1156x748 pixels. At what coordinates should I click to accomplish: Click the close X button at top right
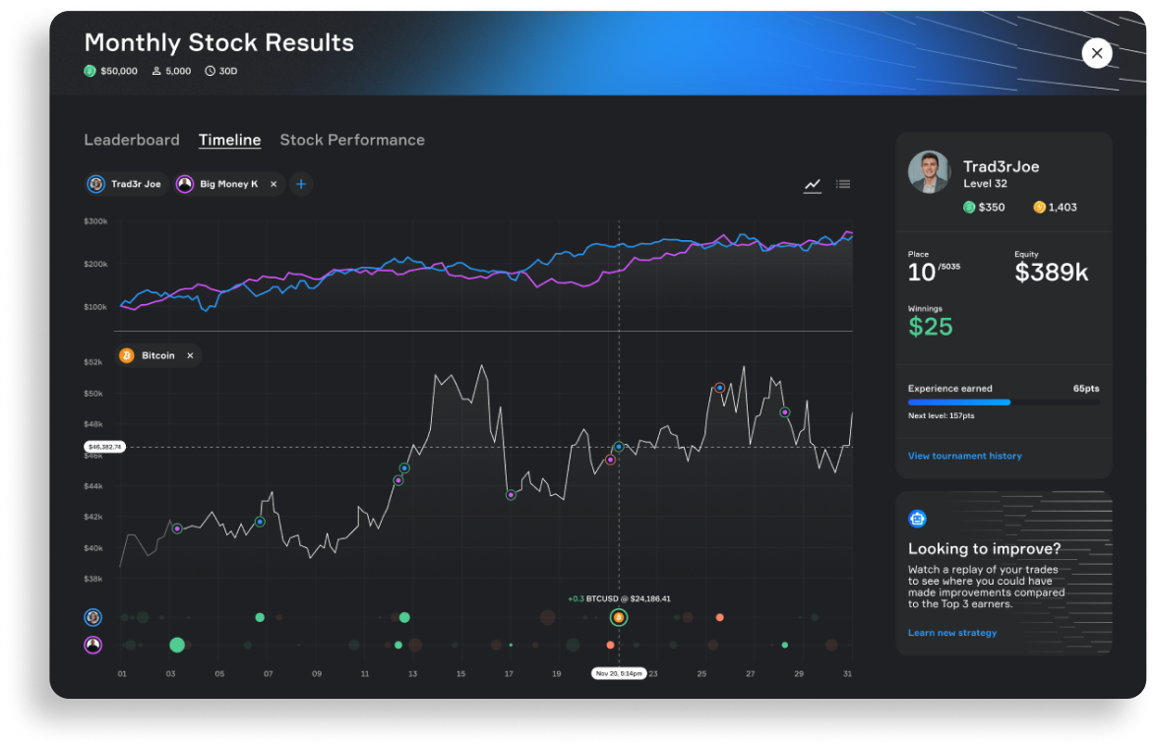click(x=1097, y=53)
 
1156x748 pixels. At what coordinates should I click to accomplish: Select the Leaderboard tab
click(x=132, y=140)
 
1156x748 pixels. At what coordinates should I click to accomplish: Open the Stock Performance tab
click(x=352, y=140)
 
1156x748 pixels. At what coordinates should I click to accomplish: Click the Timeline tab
click(x=229, y=140)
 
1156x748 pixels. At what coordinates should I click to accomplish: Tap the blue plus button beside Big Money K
click(x=301, y=184)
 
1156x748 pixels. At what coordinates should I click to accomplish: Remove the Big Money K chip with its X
click(x=274, y=184)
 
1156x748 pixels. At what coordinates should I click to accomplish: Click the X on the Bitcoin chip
click(x=190, y=355)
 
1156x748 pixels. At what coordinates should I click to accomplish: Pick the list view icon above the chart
click(x=843, y=184)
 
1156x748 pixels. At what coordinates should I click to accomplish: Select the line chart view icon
click(x=813, y=184)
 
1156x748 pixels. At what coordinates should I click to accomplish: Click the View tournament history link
click(x=964, y=456)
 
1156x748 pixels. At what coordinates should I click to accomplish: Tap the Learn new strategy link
click(x=951, y=633)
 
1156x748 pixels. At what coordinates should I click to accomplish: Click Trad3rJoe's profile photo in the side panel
click(x=929, y=171)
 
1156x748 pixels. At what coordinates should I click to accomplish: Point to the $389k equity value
click(x=1051, y=273)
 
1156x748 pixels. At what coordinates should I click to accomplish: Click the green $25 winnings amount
click(x=930, y=327)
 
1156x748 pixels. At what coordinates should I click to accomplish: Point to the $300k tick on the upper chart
click(x=95, y=221)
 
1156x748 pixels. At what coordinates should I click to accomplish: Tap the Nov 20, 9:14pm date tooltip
click(x=619, y=673)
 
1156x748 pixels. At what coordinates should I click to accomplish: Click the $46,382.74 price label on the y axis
click(x=104, y=447)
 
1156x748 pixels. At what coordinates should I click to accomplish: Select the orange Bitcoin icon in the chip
click(x=127, y=355)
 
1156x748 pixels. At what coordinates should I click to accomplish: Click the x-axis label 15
click(x=460, y=673)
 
